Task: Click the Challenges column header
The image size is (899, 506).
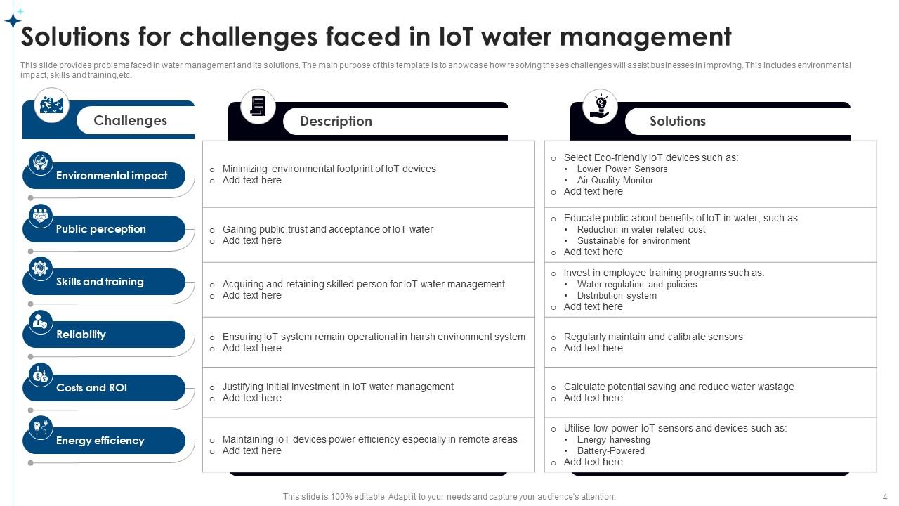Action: pos(131,120)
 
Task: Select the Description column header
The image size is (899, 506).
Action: pos(336,121)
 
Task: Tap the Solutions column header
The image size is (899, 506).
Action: pos(677,121)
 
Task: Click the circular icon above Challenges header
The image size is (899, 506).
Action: pos(52,105)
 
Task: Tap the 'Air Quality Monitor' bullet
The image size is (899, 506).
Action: pos(615,180)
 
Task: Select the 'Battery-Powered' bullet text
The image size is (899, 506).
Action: pos(610,450)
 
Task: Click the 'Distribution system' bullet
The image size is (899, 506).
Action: pos(617,295)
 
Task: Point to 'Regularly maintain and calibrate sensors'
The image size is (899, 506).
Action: pos(652,337)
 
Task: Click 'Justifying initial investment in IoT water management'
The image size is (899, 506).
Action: pos(338,387)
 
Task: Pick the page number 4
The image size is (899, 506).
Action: pos(885,497)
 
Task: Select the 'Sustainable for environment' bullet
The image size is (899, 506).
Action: pos(633,240)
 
